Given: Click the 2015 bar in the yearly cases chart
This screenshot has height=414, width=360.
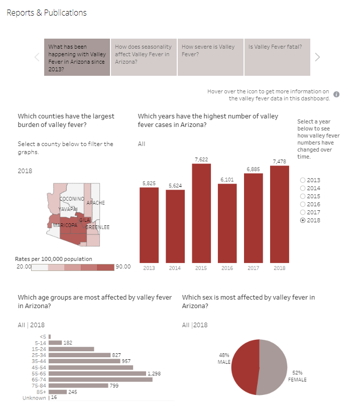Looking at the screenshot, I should [x=201, y=213].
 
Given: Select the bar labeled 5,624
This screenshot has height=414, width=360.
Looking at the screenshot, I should [x=175, y=226].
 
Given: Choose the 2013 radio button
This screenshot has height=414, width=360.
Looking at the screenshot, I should [x=303, y=180].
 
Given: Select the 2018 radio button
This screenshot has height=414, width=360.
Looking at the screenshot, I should [x=303, y=220].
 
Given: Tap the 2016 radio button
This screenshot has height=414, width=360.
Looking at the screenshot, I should [x=303, y=204].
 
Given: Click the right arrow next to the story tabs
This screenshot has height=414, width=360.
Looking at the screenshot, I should [x=317, y=57].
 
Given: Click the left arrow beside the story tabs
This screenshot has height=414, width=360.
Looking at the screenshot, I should [x=37, y=57].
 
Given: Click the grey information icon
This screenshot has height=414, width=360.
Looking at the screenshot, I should [x=336, y=94].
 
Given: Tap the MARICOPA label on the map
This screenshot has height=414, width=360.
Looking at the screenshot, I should [x=65, y=225].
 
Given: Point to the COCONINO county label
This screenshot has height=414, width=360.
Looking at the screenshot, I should [x=72, y=199].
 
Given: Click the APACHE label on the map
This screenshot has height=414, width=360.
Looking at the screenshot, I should [x=96, y=203].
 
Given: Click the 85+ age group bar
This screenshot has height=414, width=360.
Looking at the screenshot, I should [x=58, y=392].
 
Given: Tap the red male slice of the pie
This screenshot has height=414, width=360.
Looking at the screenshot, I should [x=244, y=366].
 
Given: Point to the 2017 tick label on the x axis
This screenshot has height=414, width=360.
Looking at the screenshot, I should [x=253, y=268].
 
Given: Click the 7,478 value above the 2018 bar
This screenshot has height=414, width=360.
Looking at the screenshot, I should [x=280, y=161].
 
